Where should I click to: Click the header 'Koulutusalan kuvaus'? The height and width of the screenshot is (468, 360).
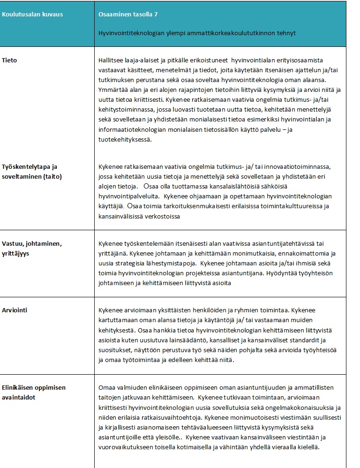tap(32, 15)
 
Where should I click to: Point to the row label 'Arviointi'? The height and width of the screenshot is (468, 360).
tap(15, 310)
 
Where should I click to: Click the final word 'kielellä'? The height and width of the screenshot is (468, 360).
tap(307, 447)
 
